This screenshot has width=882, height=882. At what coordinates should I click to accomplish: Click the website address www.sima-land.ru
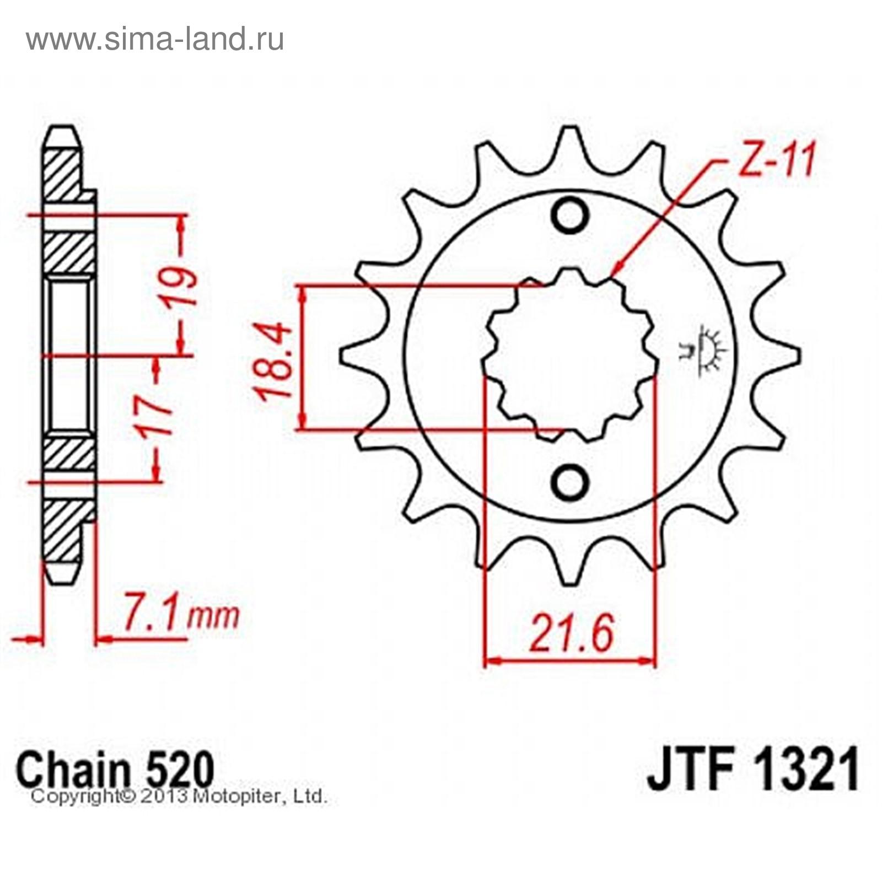[155, 39]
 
